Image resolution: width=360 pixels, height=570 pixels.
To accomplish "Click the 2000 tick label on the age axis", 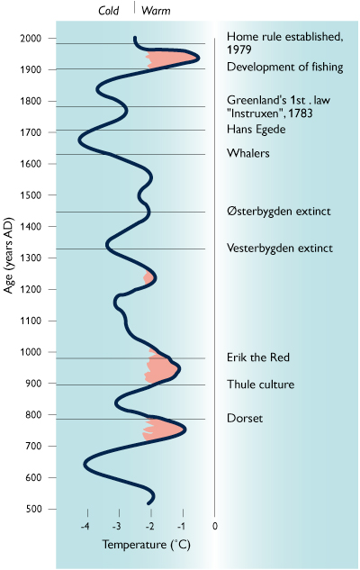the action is coord(31,38).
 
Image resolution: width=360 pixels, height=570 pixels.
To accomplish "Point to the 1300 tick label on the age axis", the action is coord(31,258).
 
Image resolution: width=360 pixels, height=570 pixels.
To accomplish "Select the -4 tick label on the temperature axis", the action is coord(85,526).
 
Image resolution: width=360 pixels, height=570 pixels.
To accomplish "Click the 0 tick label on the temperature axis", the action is coord(215,526).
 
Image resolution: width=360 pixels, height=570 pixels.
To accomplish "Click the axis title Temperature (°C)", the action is coord(146,545).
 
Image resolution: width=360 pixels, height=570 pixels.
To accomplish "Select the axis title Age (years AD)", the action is coord(8,255).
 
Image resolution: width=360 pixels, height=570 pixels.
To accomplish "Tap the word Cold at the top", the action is coord(108,11).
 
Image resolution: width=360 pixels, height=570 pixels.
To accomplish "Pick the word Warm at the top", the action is coord(156,11).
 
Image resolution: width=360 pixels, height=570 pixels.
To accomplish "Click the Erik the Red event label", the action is coord(258,357).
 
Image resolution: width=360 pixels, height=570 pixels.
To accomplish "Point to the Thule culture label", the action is coord(260,385).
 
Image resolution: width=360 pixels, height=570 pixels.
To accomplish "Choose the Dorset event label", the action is coord(245,418).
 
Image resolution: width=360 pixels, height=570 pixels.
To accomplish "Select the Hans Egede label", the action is coord(256,130).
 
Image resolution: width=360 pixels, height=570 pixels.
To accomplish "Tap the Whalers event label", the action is coord(248,153).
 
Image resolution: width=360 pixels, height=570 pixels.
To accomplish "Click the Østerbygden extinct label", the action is coord(279,212).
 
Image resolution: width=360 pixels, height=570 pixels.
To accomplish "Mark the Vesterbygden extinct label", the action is coord(280,249).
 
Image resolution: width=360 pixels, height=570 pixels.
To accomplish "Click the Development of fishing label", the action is coord(284,67).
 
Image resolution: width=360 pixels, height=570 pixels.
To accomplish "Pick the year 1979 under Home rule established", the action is coord(239,50).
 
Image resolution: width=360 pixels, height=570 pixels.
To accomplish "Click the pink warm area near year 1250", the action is coord(148,278).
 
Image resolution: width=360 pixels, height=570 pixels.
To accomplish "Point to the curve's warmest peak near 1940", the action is coord(198,58).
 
